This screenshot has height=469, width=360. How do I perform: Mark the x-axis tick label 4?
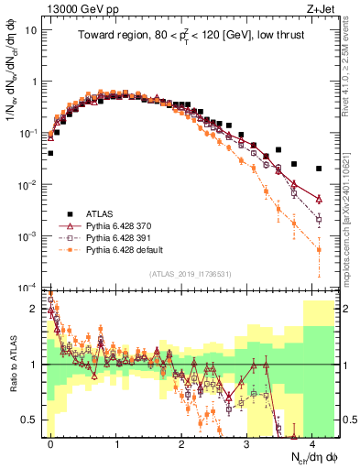[313, 442]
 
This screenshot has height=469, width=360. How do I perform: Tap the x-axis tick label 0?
[51, 442]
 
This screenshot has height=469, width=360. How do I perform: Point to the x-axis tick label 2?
[182, 442]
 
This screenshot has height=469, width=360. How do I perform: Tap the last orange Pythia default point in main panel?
[319, 249]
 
